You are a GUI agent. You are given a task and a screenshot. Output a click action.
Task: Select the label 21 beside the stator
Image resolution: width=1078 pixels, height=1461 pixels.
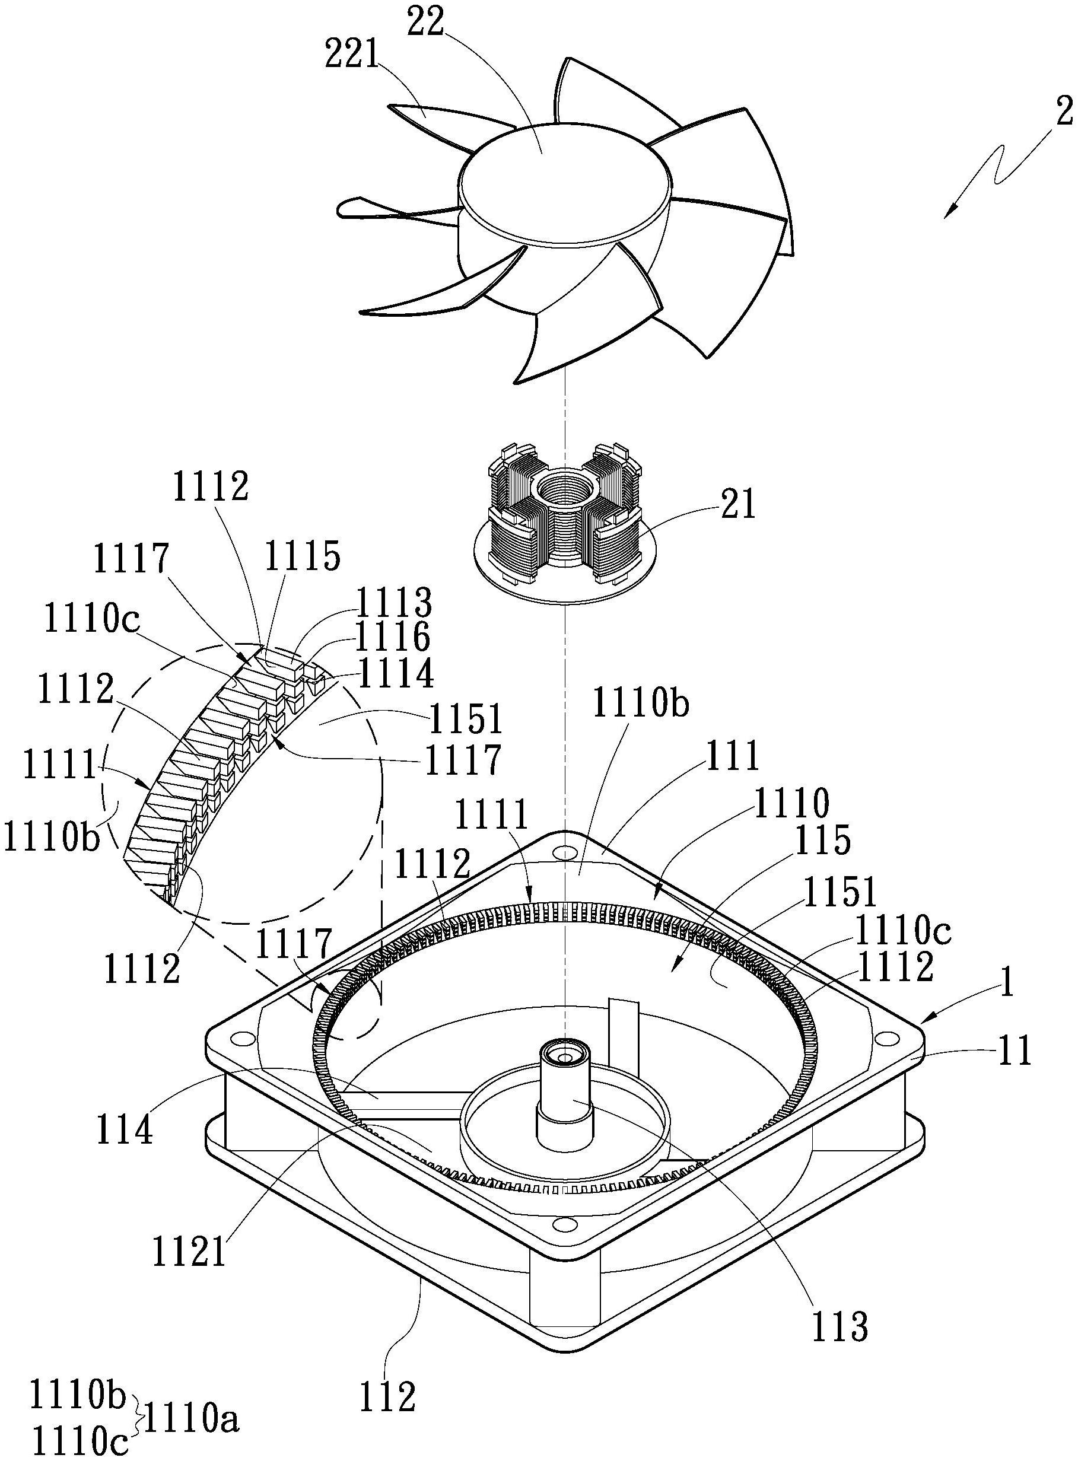coord(738,504)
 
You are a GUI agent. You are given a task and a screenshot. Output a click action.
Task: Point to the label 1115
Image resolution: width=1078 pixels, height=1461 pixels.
coord(303,557)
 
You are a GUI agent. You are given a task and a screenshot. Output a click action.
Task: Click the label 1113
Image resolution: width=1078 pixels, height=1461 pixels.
coord(393,604)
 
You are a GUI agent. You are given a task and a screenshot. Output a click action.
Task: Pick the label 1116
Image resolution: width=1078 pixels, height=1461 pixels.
coord(393,637)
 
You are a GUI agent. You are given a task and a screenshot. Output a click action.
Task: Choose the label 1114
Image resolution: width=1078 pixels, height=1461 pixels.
coord(396,674)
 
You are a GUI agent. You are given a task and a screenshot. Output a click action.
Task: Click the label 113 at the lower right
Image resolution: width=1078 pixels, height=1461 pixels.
coord(841,1326)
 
